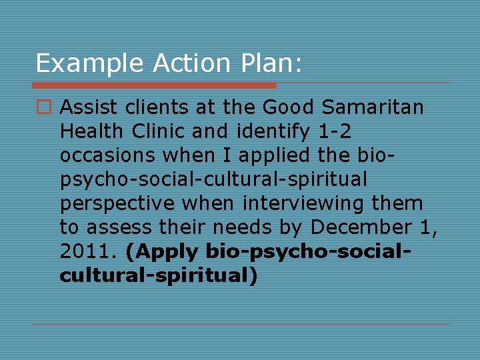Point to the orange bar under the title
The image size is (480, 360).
154,85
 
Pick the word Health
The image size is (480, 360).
90,131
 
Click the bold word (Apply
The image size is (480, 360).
162,251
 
